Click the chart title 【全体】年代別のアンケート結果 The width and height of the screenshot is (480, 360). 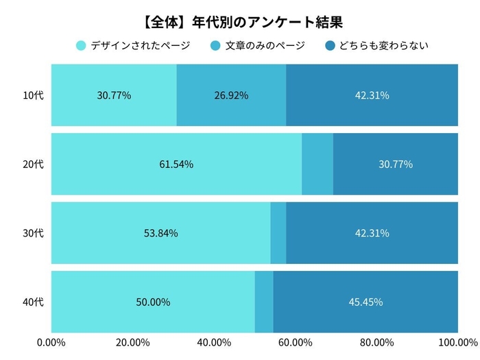coord(239,20)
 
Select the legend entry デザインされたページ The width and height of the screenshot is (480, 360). coord(136,46)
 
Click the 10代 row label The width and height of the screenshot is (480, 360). coord(33,95)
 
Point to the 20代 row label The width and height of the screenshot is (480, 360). coord(33,164)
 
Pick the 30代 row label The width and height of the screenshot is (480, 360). coord(33,233)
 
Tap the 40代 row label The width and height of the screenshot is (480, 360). coord(33,302)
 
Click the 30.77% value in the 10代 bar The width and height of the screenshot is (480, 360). coord(114,95)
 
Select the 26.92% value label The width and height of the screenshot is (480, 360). coord(231,95)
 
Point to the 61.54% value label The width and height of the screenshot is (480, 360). coord(176,164)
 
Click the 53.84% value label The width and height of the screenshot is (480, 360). coord(160,233)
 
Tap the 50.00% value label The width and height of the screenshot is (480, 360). coord(153,302)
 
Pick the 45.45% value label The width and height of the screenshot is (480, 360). coord(365,302)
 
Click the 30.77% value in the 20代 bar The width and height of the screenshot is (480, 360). coord(396,164)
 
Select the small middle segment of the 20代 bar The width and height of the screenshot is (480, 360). coord(317,164)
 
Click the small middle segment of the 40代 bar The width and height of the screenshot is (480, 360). coord(264,302)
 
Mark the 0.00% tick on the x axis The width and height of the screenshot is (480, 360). coord(51,342)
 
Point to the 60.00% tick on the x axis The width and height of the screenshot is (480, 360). coord(296,342)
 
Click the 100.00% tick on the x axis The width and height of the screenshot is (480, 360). coord(457,342)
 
